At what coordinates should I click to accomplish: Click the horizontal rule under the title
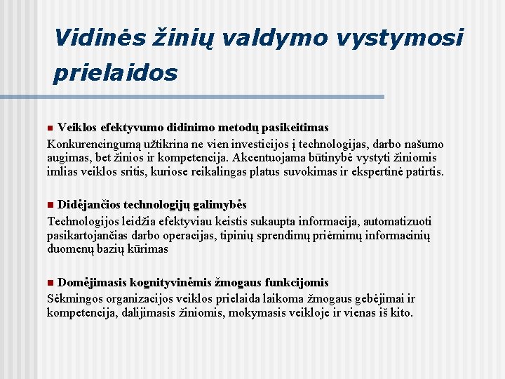(217, 97)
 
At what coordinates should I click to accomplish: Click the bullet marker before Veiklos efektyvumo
(50, 128)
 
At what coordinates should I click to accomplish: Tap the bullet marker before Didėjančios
(50, 205)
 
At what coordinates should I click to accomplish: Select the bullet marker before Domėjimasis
(50, 283)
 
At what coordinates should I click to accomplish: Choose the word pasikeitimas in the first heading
(291, 127)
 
